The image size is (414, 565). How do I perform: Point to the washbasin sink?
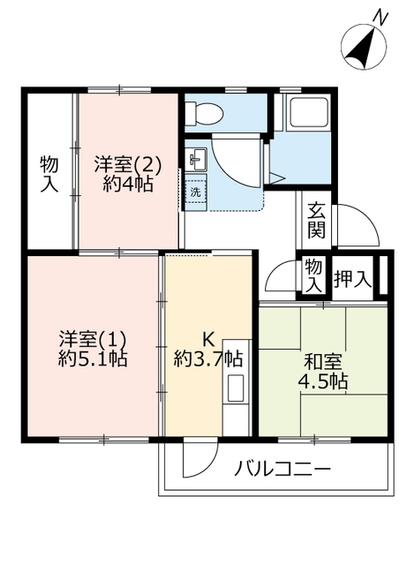point(196,159)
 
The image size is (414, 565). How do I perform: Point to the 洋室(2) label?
point(128,163)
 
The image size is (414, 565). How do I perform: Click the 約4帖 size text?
point(128,185)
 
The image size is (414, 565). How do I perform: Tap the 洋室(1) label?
point(94,338)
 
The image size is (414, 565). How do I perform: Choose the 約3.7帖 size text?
point(208,359)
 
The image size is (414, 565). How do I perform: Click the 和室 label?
point(322,360)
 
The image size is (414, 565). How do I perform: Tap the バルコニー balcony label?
point(282,468)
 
